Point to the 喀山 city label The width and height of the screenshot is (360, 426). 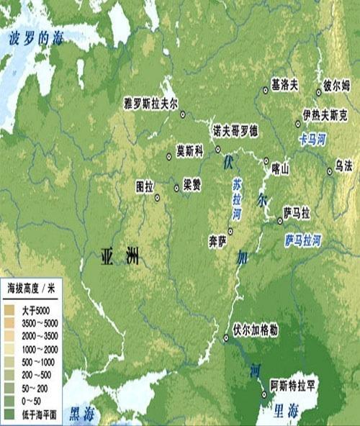(x=280, y=171)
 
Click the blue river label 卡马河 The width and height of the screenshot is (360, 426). (x=312, y=136)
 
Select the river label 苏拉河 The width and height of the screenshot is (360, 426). (x=237, y=199)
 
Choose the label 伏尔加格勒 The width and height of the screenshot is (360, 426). (x=256, y=329)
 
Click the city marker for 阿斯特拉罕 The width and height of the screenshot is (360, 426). (x=264, y=394)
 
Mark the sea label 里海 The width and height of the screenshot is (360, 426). (x=285, y=412)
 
